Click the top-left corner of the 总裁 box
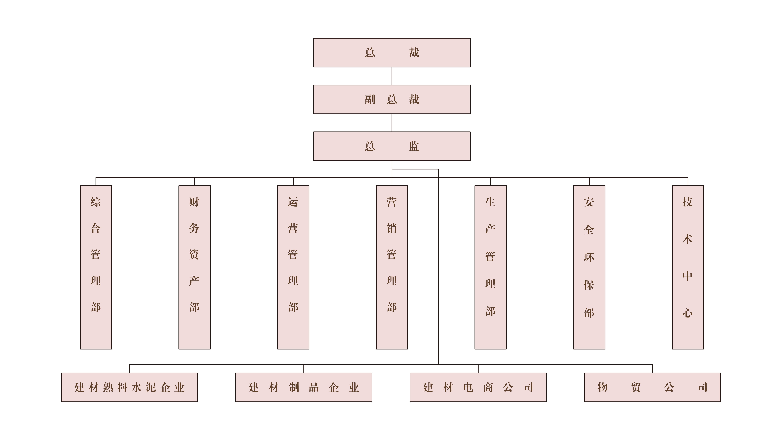coord(314,38)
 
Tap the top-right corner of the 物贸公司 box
coord(720,373)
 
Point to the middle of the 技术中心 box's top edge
coord(688,186)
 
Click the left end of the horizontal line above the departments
coord(96,178)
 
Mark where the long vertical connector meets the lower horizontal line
coord(438,365)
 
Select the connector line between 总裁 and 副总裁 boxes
coord(392,76)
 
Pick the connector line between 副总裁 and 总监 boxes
coord(392,123)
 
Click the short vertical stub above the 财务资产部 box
coord(195,182)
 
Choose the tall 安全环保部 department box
coord(589,267)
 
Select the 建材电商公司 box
coord(478,387)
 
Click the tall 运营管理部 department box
coord(293,267)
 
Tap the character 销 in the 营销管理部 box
coord(392,228)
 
